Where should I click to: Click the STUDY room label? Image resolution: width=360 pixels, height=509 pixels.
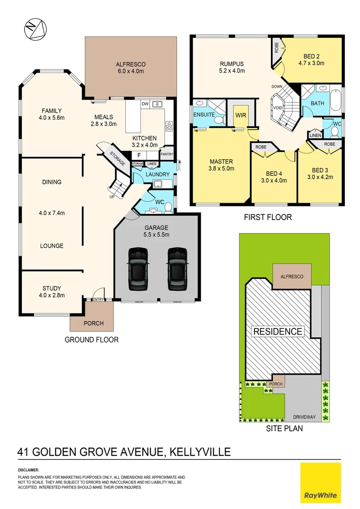[x=52, y=288]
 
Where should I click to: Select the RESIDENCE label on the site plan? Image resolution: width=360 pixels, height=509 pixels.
[x=278, y=331]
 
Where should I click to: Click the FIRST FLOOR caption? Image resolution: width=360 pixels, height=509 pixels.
[x=268, y=217]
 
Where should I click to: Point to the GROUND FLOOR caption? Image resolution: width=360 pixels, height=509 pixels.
[x=91, y=339]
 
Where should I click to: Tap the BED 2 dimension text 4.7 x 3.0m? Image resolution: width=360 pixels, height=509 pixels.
[x=311, y=63]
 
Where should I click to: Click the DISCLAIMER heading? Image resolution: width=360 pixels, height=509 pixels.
[x=28, y=470]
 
